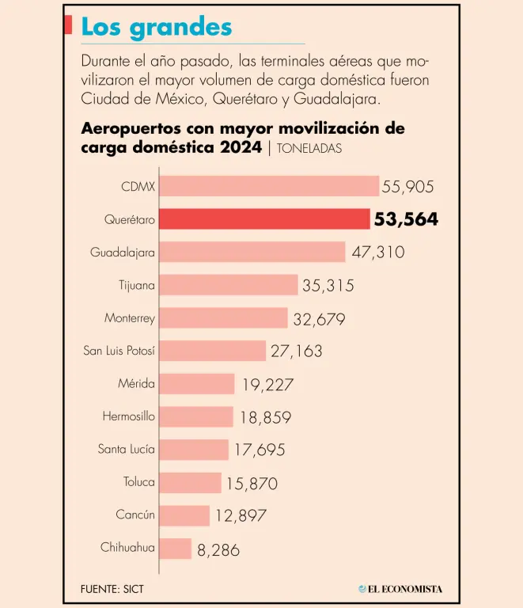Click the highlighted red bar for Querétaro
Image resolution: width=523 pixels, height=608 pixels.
tap(264, 219)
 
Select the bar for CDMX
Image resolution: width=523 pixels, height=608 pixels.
tap(269, 186)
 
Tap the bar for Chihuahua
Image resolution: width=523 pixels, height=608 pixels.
tap(176, 549)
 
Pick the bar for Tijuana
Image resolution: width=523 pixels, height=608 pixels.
tap(229, 285)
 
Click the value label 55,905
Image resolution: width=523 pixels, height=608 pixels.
tap(408, 187)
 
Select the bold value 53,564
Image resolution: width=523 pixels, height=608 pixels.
tap(407, 220)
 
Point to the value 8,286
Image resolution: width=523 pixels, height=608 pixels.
tap(218, 549)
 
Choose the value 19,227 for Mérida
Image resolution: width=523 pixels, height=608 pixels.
tap(268, 385)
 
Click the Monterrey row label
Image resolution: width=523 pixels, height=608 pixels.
tap(130, 318)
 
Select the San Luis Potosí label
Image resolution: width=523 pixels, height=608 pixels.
tap(119, 351)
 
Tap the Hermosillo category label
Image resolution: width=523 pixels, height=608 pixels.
tap(128, 416)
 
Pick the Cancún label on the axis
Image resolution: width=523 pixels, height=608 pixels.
tap(135, 515)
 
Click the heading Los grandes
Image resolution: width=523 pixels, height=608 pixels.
tap(157, 27)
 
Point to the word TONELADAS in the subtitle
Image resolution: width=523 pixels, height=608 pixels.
tap(310, 148)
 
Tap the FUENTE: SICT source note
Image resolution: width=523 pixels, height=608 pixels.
tap(112, 589)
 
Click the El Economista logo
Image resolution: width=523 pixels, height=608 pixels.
tap(400, 589)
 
